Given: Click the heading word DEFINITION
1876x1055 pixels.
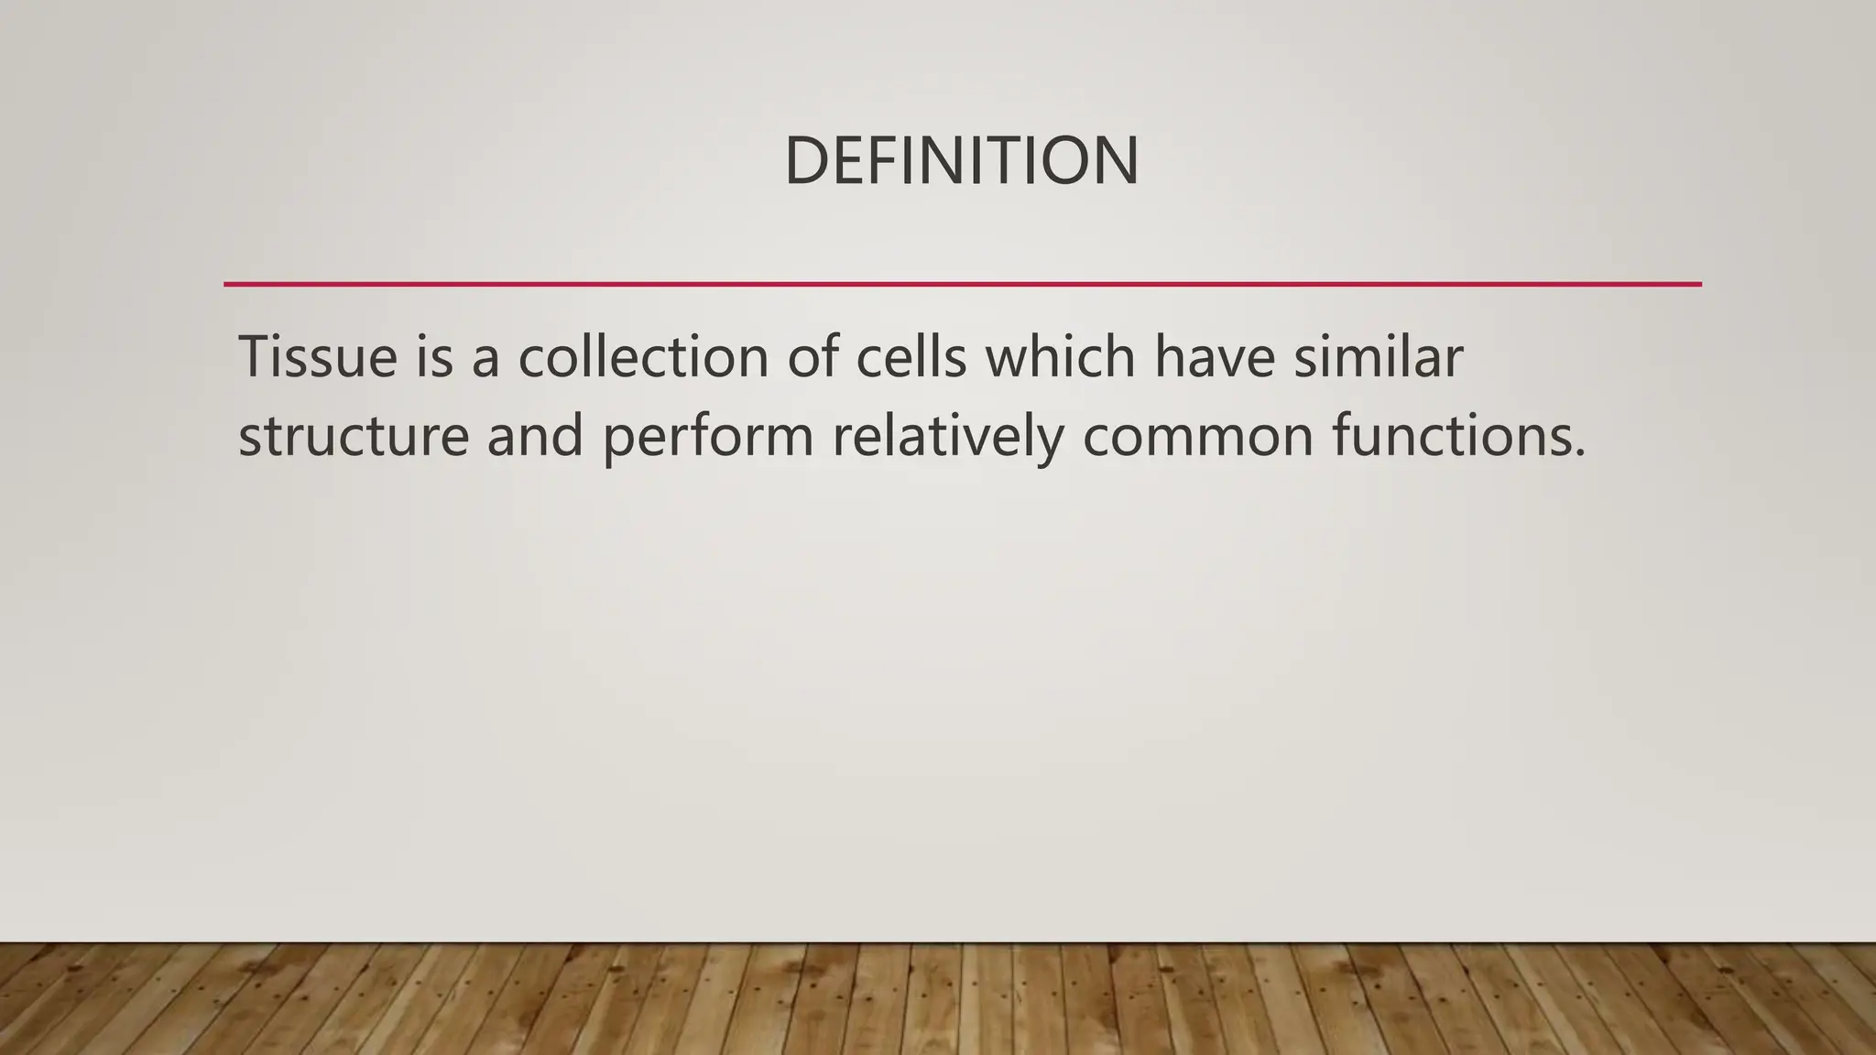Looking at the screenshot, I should point(962,161).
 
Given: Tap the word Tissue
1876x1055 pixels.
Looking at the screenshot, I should point(318,356).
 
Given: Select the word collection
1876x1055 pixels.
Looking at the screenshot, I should point(643,356).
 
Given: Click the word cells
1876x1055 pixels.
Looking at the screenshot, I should point(911,356).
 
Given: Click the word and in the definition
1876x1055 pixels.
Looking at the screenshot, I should point(534,436).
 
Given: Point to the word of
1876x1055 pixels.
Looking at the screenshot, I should point(813,356).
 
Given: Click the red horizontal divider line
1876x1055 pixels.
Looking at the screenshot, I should point(962,284).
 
